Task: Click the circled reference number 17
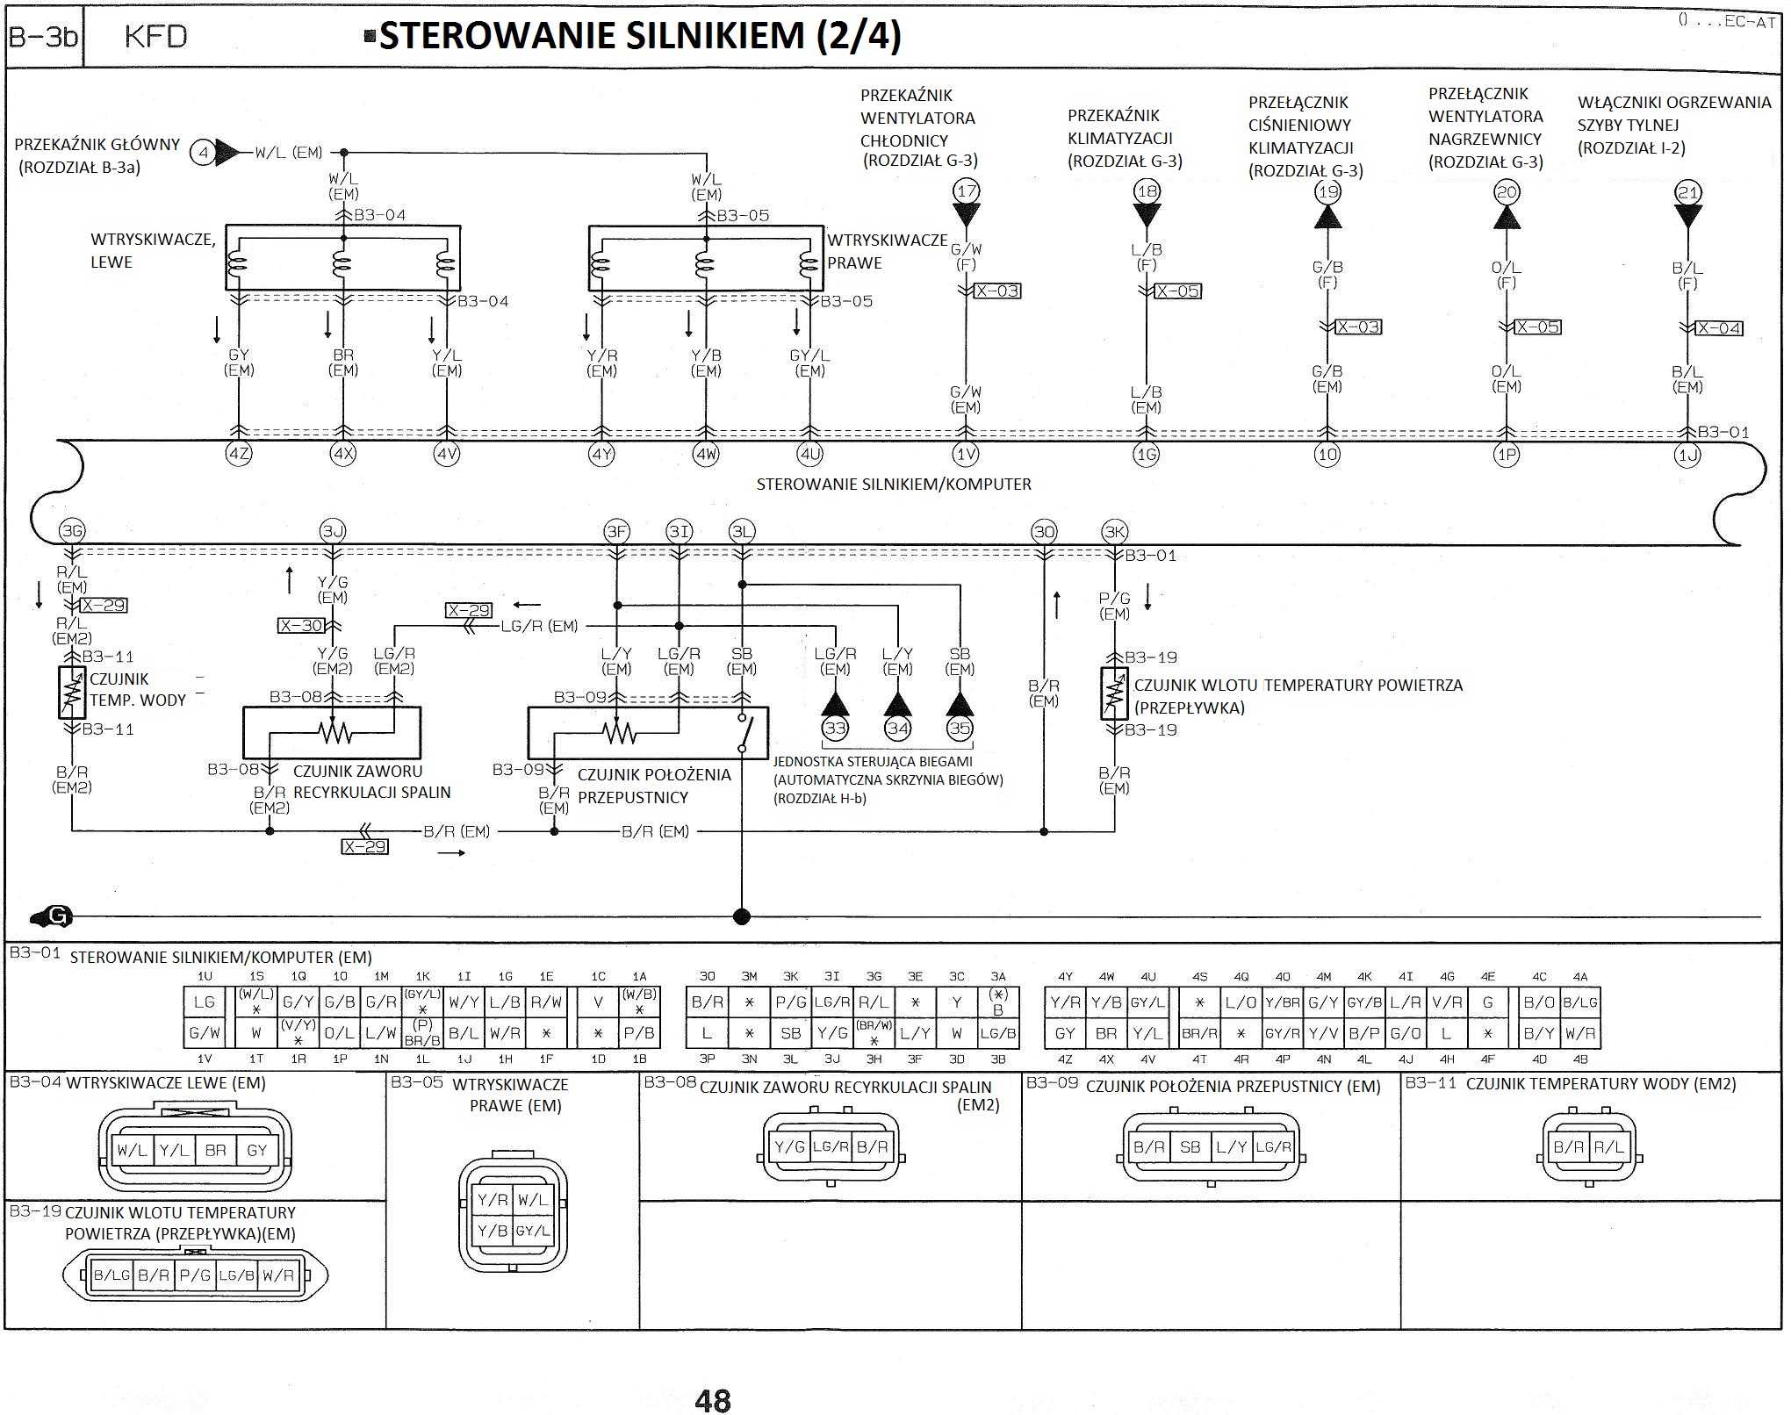pos(966,191)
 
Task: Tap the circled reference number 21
pos(1688,192)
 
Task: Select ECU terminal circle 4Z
pos(239,455)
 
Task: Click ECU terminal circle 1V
pos(966,455)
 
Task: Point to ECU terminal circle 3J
pos(332,531)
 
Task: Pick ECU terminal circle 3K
pos(1114,531)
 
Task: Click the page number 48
pos(712,1400)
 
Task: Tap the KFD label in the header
pos(155,36)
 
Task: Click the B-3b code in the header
pos(43,37)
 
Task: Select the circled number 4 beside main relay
pos(203,153)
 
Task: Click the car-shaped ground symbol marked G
pos(51,916)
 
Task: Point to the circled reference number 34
pos(897,728)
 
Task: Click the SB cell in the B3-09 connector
pos(1190,1147)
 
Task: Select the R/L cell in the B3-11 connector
pos(1608,1147)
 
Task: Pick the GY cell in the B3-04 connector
pos(256,1150)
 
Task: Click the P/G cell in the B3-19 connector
pos(195,1275)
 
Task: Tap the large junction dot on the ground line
pos(742,917)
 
